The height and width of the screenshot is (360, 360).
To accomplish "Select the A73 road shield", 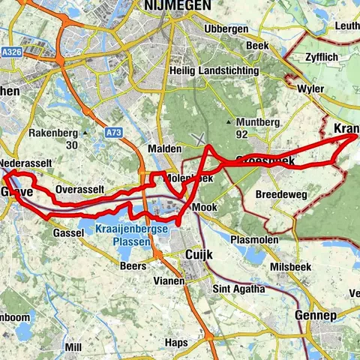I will point(114,133).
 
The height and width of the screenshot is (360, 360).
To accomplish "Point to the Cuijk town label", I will point(199,256).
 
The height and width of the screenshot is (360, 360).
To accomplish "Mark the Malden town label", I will point(165,148).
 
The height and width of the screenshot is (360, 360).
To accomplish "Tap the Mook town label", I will point(203,205).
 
